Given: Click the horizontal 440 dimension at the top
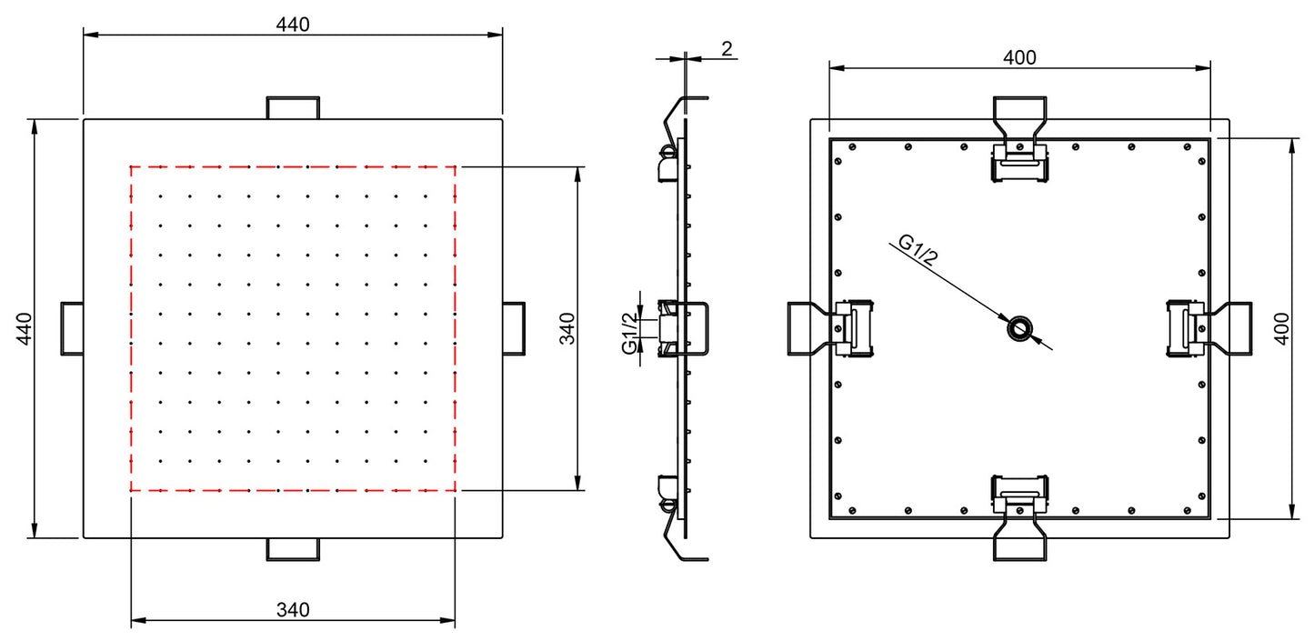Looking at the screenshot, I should coord(293,25).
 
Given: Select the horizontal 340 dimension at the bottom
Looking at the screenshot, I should coord(293,609).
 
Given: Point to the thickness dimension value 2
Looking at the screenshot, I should coord(727,49).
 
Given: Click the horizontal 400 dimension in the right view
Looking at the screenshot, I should coord(1019,57).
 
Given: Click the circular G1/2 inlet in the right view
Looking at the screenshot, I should coord(1019,328).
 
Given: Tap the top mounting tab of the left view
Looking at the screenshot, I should coord(293,107).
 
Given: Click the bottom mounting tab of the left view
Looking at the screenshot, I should coord(293,548).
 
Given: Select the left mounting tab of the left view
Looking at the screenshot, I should coord(72,327).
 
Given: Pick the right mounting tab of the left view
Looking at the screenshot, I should coord(514,327).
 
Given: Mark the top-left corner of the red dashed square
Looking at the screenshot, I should coord(131,166).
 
